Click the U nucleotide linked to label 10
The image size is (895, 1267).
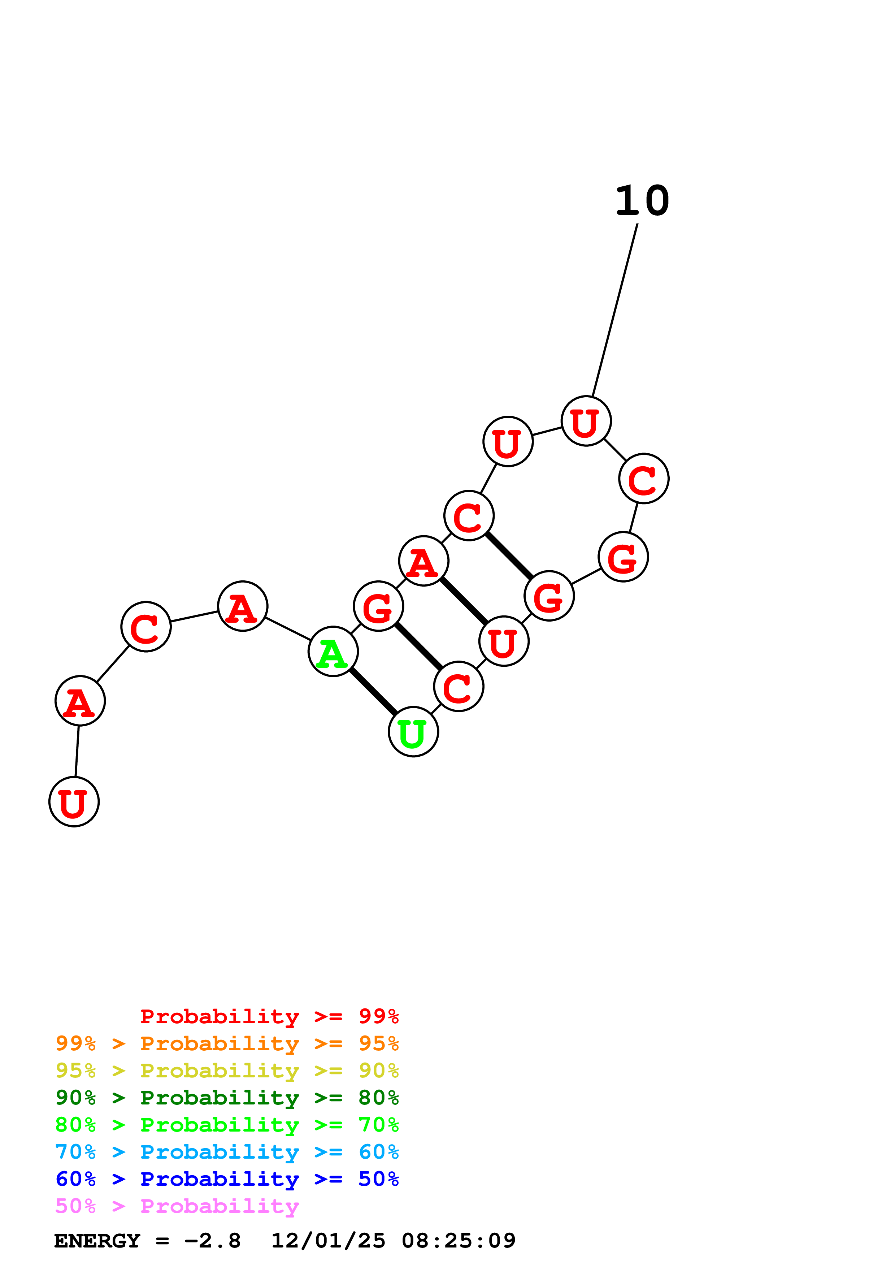click(x=586, y=421)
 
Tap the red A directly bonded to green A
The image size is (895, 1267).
click(x=243, y=606)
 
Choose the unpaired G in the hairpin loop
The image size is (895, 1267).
click(x=623, y=557)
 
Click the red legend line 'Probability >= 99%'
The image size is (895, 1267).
click(x=269, y=1016)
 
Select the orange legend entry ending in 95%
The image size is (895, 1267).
click(x=227, y=1043)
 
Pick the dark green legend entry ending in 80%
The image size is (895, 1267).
click(x=227, y=1098)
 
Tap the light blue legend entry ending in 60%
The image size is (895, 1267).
click(x=227, y=1152)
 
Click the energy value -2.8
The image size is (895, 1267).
click(x=212, y=1241)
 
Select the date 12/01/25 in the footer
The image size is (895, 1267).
click(x=328, y=1241)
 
